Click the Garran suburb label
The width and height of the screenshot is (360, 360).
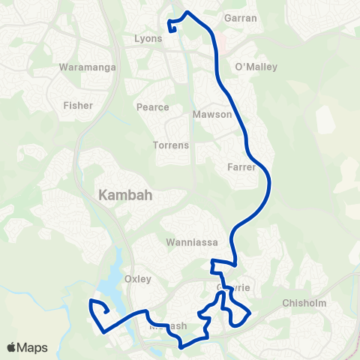tap(241, 18)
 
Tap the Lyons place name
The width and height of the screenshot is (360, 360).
tap(148, 38)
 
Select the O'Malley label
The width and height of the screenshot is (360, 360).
tap(256, 67)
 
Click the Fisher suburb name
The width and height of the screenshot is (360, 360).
tap(78, 106)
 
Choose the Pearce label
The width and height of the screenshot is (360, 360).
tap(152, 107)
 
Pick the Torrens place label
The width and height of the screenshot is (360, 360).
tap(170, 145)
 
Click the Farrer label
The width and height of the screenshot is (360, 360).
tap(241, 167)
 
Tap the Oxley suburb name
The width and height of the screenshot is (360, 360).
tap(138, 279)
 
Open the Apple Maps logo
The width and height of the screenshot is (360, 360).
tap(28, 347)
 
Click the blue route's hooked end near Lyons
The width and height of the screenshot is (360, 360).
tap(173, 28)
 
